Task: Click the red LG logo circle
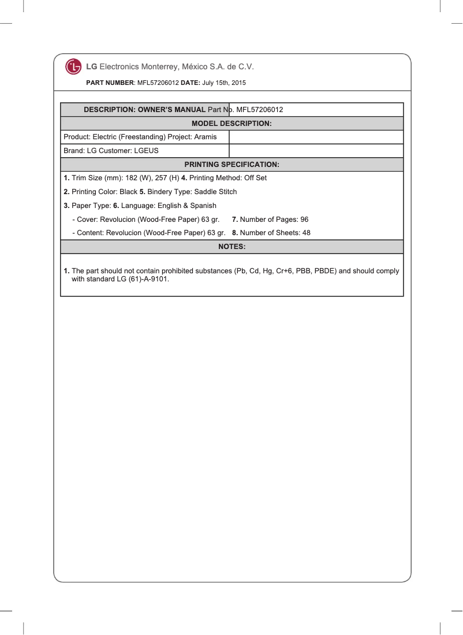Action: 73,67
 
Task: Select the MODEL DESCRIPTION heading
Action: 231,124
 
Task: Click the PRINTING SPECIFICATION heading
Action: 231,165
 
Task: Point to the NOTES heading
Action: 231,247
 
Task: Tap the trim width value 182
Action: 132,178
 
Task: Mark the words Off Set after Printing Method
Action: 256,178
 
